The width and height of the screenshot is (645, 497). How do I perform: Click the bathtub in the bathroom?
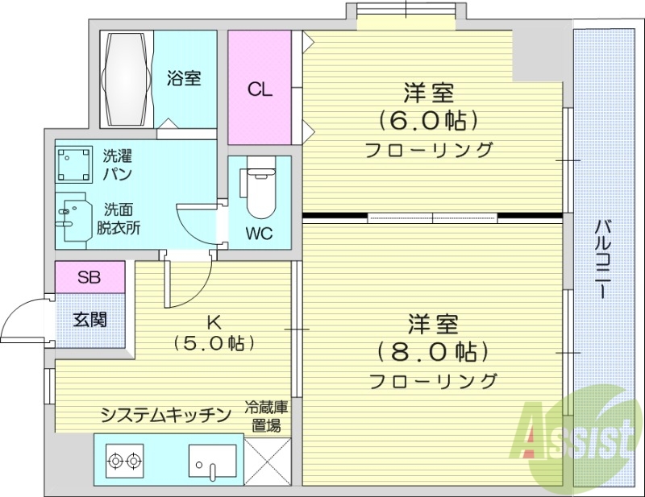coord(126,78)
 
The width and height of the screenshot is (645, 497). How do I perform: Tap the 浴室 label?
coord(184,78)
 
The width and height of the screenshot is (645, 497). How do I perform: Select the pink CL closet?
coord(260,89)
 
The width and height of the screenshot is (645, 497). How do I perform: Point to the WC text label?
coord(260,234)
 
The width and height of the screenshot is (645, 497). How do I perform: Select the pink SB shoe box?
coord(89,278)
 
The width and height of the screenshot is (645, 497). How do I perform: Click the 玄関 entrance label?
coord(89,319)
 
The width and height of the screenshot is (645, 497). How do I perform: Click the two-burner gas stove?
coord(123,462)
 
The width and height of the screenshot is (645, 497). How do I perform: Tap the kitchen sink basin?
coord(213,462)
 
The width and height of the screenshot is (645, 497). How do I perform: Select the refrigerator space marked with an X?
coord(266,461)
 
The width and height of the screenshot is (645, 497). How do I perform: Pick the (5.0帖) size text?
coord(214,342)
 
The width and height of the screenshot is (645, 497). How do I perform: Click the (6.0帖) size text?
coord(428,121)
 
